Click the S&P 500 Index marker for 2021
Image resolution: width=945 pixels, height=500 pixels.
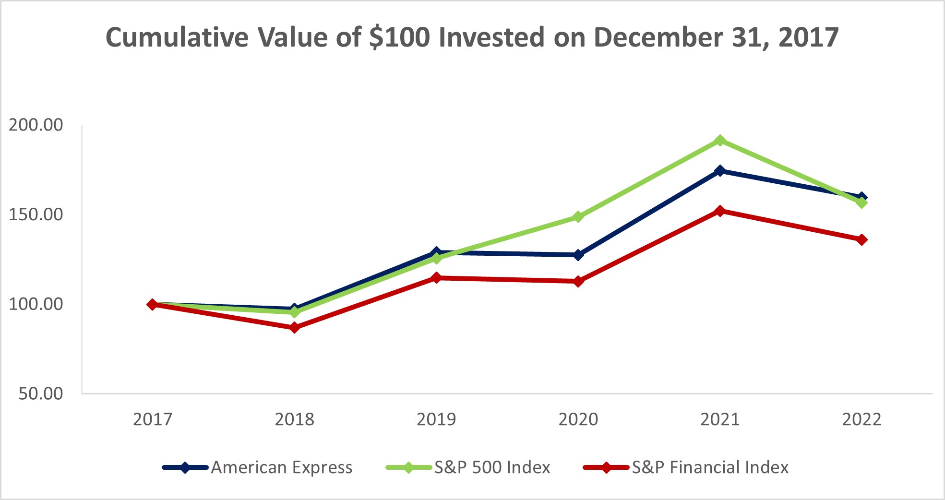tap(719, 141)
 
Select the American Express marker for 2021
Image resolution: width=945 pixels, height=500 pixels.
tap(719, 171)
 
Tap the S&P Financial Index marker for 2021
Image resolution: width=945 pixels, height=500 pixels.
tap(719, 211)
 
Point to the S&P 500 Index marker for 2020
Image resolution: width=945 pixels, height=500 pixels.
tap(578, 217)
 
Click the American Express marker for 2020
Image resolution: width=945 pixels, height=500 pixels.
tap(578, 255)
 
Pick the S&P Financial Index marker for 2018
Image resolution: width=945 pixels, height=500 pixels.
tap(295, 328)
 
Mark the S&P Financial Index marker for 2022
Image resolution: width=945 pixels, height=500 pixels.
tap(862, 239)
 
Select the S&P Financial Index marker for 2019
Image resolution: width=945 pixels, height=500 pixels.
tap(436, 278)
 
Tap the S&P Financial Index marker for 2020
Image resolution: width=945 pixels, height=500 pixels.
tap(578, 281)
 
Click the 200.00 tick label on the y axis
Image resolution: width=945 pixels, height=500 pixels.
tap(36, 125)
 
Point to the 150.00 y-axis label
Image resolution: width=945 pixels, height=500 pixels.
tap(36, 214)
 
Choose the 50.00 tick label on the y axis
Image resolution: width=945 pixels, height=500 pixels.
tap(41, 393)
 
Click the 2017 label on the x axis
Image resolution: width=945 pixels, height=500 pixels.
tap(153, 419)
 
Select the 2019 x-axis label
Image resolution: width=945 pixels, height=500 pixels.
tap(436, 419)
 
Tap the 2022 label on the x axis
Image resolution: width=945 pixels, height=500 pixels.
tap(862, 419)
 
